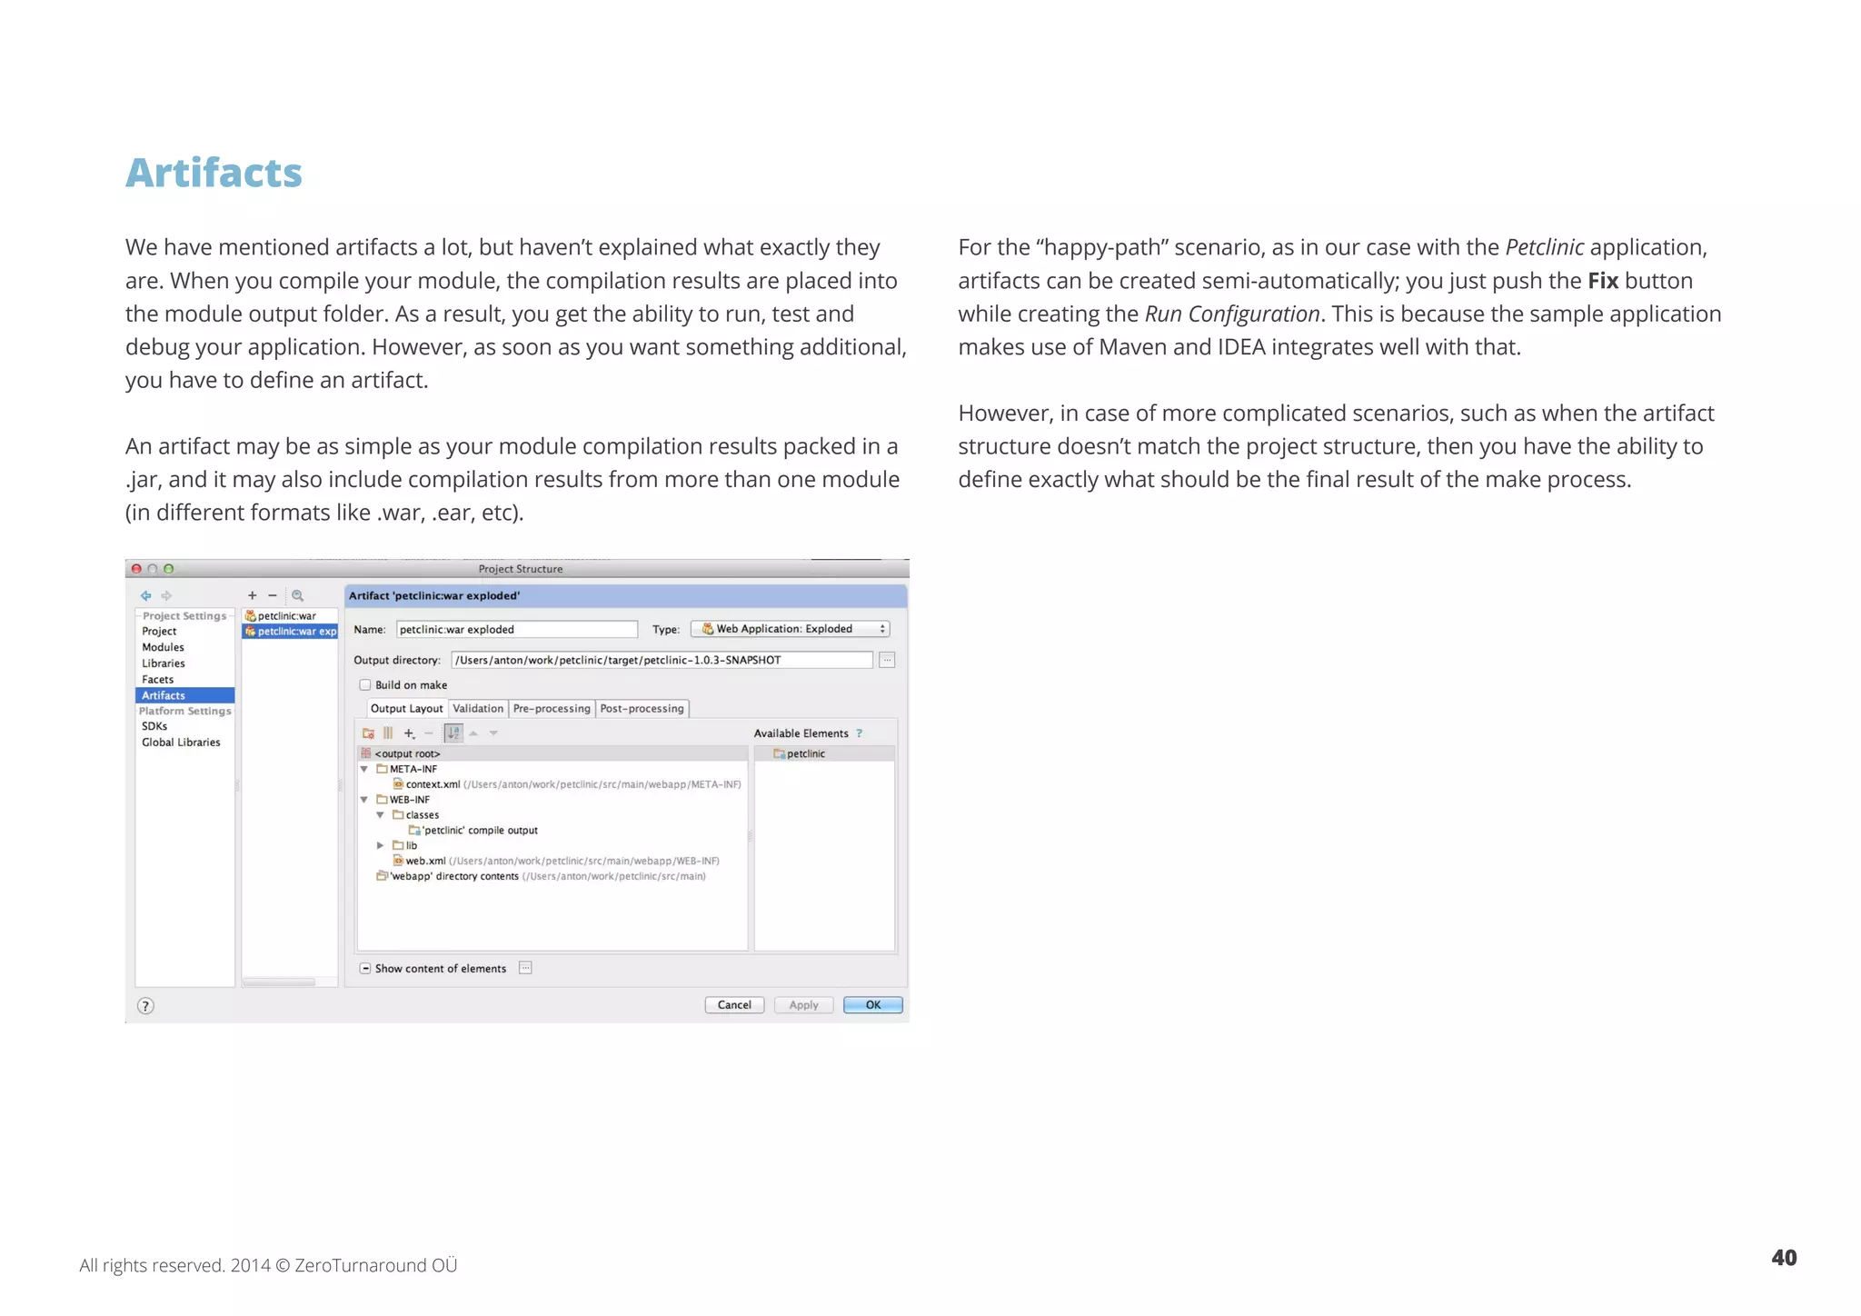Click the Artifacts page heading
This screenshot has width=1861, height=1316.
click(x=214, y=173)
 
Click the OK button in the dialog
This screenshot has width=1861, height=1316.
click(x=872, y=1004)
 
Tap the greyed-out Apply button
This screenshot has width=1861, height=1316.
click(x=803, y=1004)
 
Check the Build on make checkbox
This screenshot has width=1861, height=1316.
click(x=365, y=685)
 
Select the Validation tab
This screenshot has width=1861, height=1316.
click(x=477, y=708)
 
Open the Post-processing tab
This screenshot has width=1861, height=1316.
click(x=642, y=708)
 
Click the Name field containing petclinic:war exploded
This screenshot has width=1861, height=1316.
click(x=516, y=629)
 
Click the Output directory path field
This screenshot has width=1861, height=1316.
click(x=661, y=660)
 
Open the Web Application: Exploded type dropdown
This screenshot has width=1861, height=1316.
click(x=790, y=629)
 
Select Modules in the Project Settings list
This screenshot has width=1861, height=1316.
click(x=163, y=647)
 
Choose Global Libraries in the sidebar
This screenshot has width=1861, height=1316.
click(x=181, y=743)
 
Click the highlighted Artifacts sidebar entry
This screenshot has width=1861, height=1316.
click(x=164, y=695)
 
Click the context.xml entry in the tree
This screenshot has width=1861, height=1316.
click(x=433, y=784)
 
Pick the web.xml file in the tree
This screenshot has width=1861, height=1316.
click(x=425, y=861)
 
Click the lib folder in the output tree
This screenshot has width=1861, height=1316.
click(x=411, y=845)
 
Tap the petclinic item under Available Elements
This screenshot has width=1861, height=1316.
click(x=805, y=753)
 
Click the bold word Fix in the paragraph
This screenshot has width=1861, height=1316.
click(x=1603, y=281)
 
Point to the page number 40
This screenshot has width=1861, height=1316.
click(x=1783, y=1258)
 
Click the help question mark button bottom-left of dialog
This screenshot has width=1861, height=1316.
click(x=145, y=1005)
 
